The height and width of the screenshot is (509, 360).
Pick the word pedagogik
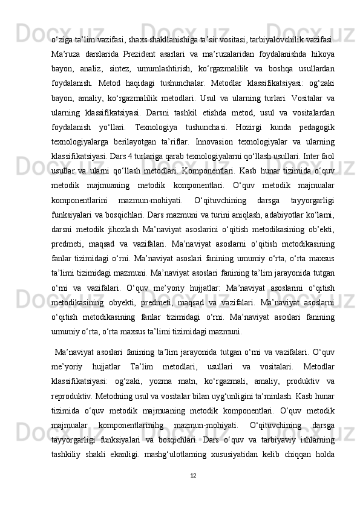pos(313,127)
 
